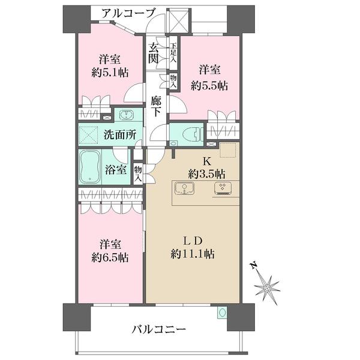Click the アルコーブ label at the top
pos(128,13)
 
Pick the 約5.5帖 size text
pos(211,85)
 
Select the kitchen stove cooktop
pos(223,188)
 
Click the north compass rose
pos(267,286)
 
